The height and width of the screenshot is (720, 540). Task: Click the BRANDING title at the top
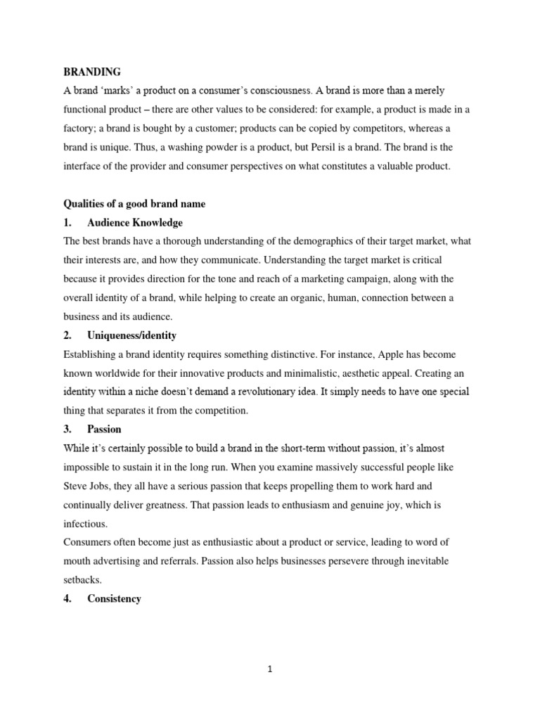coord(92,72)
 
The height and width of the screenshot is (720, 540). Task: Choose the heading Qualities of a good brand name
coord(134,204)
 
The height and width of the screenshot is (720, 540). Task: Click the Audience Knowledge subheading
coord(134,223)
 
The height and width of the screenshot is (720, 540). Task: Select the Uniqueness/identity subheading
coord(131,336)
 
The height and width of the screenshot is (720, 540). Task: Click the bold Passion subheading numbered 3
coord(104,430)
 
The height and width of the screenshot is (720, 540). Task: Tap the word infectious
coord(86,524)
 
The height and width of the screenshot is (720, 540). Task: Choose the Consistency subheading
coord(114,599)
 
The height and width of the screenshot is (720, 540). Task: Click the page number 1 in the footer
coord(270,669)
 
